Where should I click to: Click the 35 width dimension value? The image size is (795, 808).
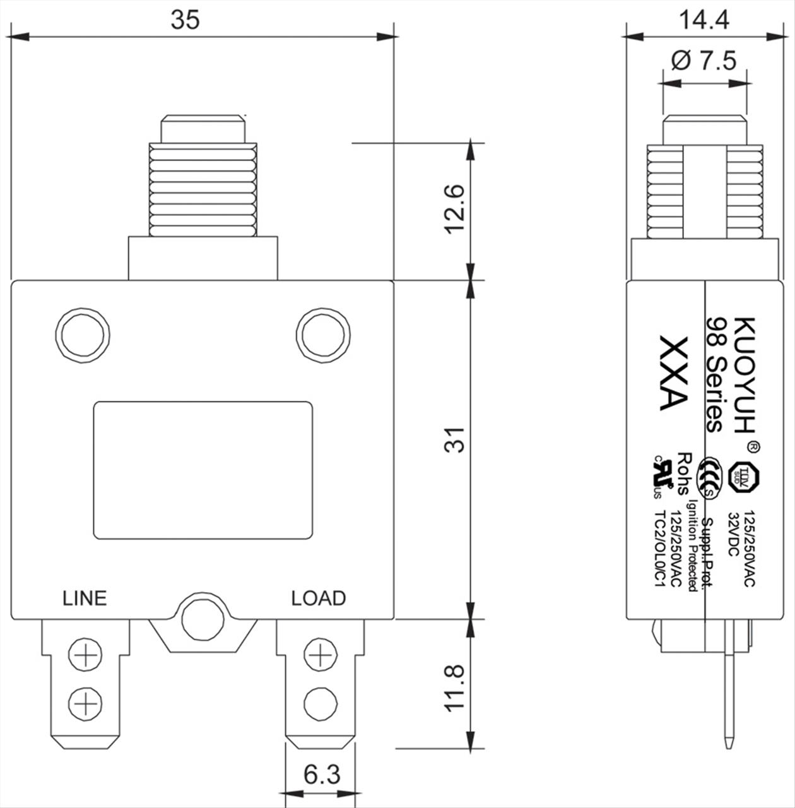[185, 20]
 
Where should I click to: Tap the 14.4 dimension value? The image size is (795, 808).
[704, 20]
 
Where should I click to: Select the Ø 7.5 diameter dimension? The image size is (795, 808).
[704, 61]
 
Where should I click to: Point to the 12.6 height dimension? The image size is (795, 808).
[455, 209]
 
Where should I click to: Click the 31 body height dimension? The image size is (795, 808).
[455, 439]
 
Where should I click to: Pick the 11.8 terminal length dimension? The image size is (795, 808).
[455, 688]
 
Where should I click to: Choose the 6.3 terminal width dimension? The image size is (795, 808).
[321, 774]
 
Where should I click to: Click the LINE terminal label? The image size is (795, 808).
[85, 598]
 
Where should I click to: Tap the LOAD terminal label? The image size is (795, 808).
[318, 598]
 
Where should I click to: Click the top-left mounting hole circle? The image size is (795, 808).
[83, 335]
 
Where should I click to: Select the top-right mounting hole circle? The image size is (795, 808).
[323, 335]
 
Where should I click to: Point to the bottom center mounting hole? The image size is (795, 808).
[203, 621]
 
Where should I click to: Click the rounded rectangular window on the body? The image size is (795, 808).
[203, 470]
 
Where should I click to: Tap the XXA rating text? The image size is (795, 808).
[673, 373]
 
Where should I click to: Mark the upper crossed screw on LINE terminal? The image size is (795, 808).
[85, 656]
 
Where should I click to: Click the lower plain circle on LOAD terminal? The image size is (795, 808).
[321, 701]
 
